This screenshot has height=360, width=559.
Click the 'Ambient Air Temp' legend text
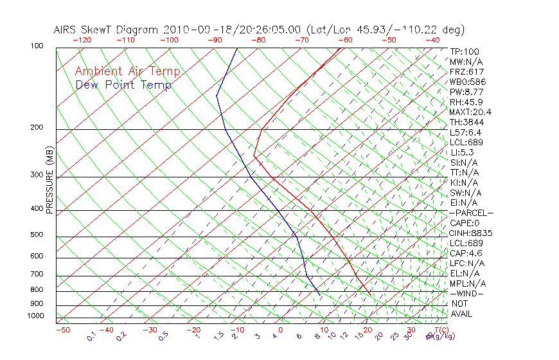coord(127,71)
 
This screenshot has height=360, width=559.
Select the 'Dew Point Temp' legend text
coord(123,85)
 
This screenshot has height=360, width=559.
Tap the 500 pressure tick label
coord(37,235)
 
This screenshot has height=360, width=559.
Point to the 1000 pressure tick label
coord(35,316)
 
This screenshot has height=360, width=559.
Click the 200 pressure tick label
coord(37,127)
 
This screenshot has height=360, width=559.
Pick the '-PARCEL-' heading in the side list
coord(471,213)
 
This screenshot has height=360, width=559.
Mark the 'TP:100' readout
coord(465,51)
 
